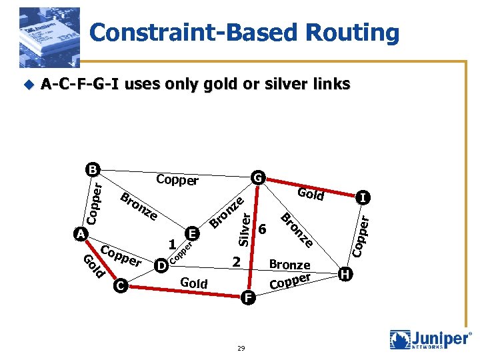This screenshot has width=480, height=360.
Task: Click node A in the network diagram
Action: tap(79, 235)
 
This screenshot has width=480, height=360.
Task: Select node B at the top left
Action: tap(92, 169)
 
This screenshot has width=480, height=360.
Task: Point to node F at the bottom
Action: tap(247, 298)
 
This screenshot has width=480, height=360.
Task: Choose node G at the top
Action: tap(257, 178)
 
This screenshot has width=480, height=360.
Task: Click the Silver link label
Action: tap(245, 228)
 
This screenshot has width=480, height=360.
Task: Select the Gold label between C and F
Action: tap(194, 283)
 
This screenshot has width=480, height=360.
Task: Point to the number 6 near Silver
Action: tap(263, 229)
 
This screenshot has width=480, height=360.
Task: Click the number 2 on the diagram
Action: tap(235, 262)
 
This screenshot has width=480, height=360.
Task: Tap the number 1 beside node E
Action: tap(172, 244)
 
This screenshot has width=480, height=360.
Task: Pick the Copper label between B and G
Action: tap(177, 180)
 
